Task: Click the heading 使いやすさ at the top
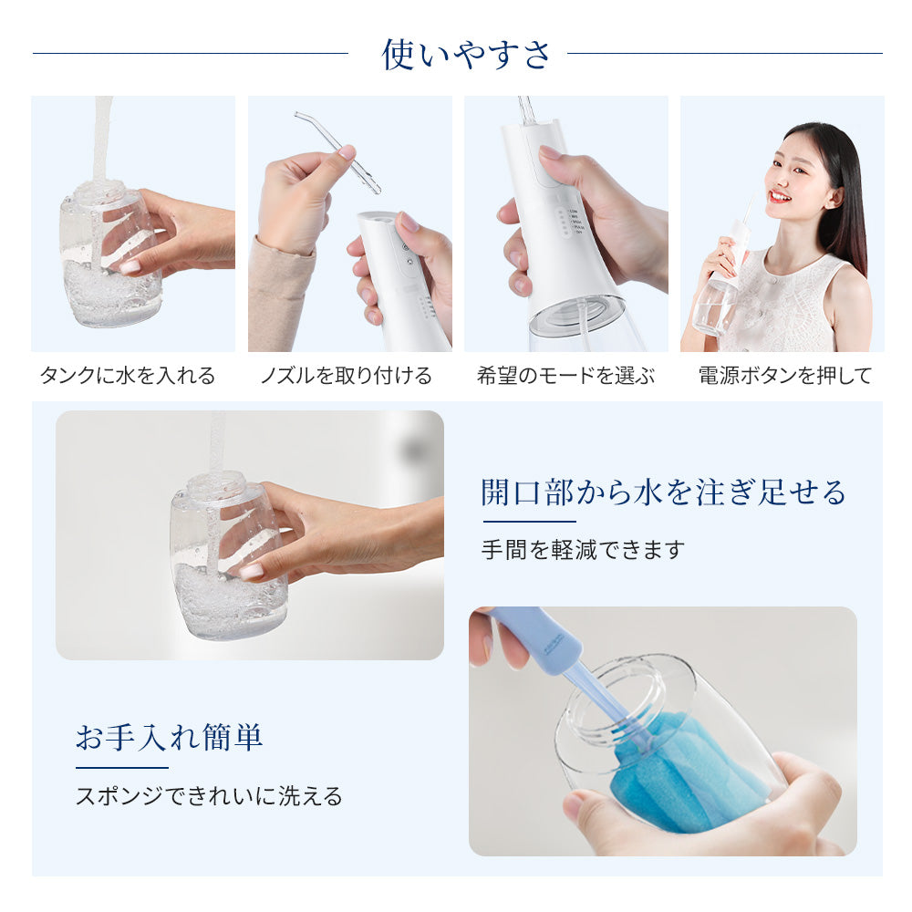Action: point(465,54)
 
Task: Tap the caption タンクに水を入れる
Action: point(128,375)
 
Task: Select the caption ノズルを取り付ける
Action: point(346,375)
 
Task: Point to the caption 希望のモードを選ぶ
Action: point(566,375)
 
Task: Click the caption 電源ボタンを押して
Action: point(785,375)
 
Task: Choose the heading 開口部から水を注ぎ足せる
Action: point(663,492)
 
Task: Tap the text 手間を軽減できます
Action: point(583,549)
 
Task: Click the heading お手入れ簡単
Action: point(170,737)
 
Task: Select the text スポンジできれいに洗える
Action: point(209,795)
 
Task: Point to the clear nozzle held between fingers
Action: point(338,151)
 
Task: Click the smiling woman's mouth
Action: point(780,197)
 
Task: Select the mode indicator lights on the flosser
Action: point(562,221)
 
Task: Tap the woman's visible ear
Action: point(835,198)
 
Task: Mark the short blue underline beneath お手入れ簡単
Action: point(122,768)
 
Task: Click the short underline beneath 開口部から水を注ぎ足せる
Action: point(529,522)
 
